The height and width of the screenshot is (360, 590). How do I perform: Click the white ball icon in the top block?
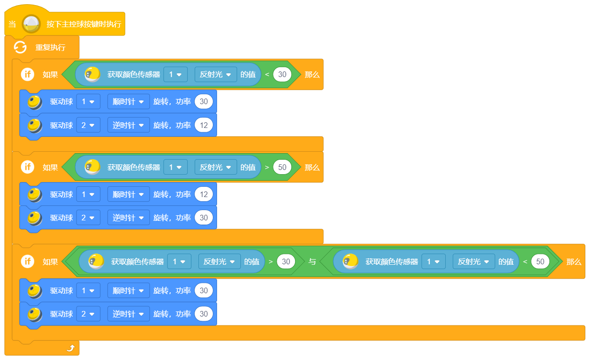coord(31,24)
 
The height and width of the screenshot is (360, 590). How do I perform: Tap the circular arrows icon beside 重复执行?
coord(20,47)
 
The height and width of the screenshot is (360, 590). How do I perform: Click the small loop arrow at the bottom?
coord(70,348)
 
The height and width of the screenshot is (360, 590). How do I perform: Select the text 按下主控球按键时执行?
coord(84,24)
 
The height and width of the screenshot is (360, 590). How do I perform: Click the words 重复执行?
coord(50,47)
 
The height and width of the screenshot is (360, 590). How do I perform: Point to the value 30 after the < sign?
coord(282,74)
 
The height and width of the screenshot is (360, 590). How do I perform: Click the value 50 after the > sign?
coord(282,167)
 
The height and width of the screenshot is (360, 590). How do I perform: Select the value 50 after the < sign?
coord(540,261)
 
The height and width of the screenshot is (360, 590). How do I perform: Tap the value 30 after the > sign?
coord(286,261)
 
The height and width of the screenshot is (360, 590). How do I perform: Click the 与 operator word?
coord(312,261)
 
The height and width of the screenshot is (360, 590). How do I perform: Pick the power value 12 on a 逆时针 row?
coord(204,125)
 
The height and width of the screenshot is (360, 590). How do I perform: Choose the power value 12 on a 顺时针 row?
coord(204,194)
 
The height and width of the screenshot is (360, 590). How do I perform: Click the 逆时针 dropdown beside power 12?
coord(128,125)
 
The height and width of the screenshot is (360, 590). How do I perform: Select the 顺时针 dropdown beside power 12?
coord(128,194)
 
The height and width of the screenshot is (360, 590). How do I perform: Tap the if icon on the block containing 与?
coord(28,261)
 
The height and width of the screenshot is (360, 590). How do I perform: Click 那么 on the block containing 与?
coord(574,261)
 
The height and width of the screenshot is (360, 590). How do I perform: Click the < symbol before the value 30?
coord(267,74)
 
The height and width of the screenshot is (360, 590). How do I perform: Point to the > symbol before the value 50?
coord(267,167)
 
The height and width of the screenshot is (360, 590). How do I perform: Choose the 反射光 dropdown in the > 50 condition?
coord(216,167)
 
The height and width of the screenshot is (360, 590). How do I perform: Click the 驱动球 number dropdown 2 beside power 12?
coord(88,125)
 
